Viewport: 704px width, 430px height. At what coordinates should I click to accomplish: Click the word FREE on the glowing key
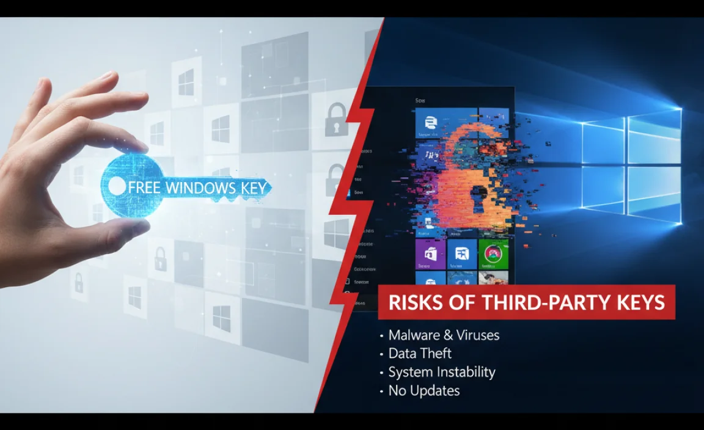pos(145,187)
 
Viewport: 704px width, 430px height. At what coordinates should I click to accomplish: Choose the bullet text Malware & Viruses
pos(444,335)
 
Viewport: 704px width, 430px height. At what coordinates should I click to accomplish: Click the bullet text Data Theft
pos(420,354)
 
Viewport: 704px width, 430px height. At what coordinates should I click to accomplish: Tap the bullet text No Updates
pos(424,390)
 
